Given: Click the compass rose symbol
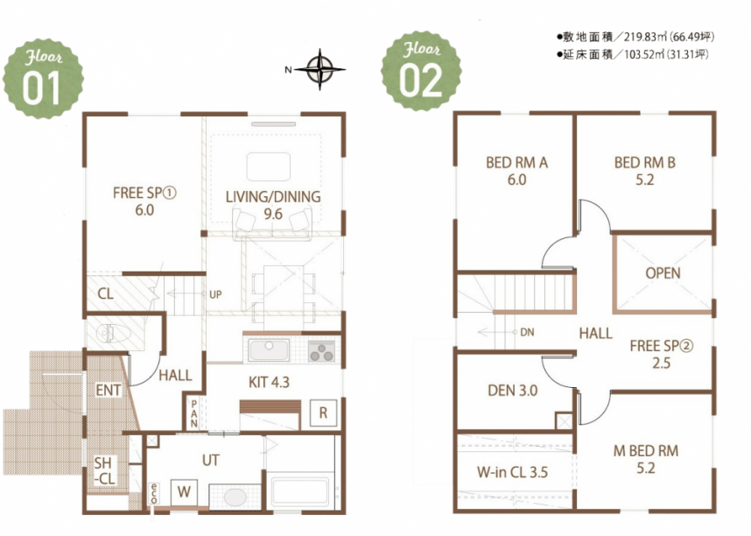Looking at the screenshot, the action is [320, 69].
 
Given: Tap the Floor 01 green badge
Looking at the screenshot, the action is [43, 79].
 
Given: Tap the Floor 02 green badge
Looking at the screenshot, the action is [422, 72].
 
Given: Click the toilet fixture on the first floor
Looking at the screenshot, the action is [113, 333].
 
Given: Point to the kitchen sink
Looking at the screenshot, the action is [269, 350].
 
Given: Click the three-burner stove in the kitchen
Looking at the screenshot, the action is [321, 352].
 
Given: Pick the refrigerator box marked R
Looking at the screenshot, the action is [323, 413].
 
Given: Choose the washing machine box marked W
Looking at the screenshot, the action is [184, 492].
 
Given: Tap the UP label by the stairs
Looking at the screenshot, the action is [215, 294].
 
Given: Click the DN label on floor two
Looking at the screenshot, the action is [527, 332].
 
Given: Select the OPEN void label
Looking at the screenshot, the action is [663, 273].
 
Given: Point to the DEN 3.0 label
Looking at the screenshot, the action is [512, 391].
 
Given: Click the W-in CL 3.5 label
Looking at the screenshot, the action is [512, 472].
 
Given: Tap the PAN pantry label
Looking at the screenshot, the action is [194, 413].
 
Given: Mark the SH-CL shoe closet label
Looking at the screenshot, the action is [104, 470].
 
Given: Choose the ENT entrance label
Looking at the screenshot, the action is [109, 391].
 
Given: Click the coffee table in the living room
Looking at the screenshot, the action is [268, 166].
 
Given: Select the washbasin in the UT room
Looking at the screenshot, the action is [235, 497].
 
